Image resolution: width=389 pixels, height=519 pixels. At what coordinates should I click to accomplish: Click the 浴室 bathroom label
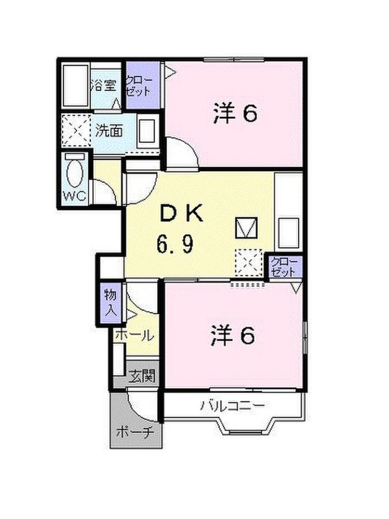click(104, 85)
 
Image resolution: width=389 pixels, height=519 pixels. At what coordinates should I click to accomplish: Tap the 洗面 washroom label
click(109, 131)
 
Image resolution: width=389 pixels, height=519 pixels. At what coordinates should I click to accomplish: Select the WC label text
click(73, 195)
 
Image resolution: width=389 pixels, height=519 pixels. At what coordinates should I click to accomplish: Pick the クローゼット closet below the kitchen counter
click(283, 267)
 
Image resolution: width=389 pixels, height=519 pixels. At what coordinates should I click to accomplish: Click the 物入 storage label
click(110, 302)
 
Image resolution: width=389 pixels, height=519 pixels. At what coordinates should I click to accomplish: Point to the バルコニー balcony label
click(232, 406)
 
